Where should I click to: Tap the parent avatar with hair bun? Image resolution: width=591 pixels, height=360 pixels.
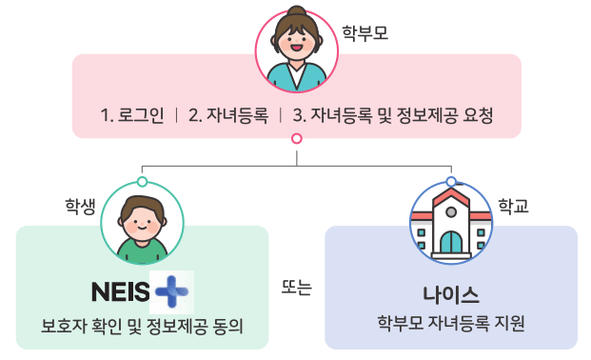pyautogui.click(x=296, y=50)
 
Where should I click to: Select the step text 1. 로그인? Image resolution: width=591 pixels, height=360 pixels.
pyautogui.click(x=132, y=115)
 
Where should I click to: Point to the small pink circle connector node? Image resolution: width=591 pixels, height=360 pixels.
pyautogui.click(x=296, y=139)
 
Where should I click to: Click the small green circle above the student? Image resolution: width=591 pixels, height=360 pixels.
pyautogui.click(x=141, y=181)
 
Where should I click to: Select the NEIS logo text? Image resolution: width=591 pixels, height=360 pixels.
pyautogui.click(x=121, y=289)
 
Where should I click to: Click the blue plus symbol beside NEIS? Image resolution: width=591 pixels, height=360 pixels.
pyautogui.click(x=172, y=289)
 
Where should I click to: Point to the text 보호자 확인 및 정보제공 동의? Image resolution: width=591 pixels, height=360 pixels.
pyautogui.click(x=142, y=327)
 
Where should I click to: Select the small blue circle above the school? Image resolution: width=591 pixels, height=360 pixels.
pyautogui.click(x=451, y=181)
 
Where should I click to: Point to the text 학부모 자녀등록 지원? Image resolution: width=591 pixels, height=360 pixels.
pyautogui.click(x=451, y=323)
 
